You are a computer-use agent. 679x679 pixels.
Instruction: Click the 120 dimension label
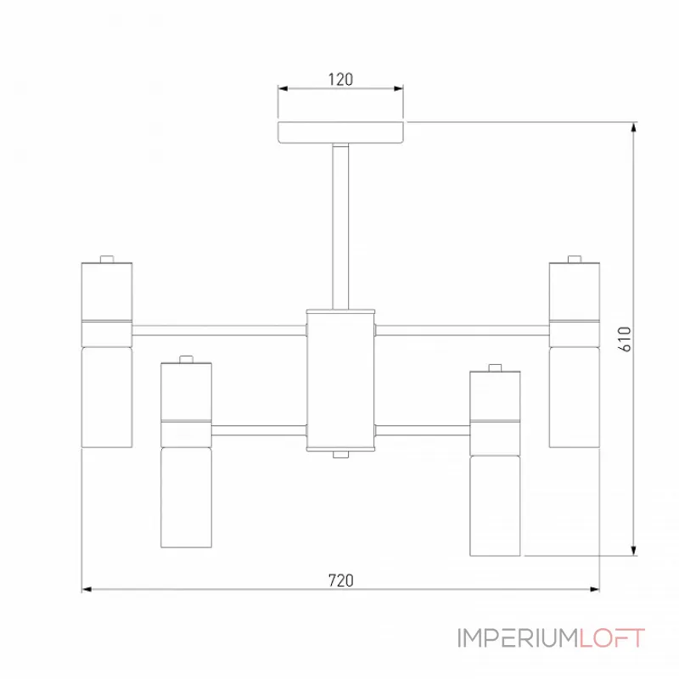pyautogui.click(x=340, y=80)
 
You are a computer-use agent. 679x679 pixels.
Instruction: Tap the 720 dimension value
pyautogui.click(x=341, y=581)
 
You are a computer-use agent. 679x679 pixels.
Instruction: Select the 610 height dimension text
pyautogui.click(x=626, y=339)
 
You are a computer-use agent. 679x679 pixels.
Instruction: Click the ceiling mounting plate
pyautogui.click(x=341, y=132)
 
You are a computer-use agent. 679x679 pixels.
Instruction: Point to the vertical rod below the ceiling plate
pyautogui.click(x=340, y=227)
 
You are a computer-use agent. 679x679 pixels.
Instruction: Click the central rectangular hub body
pyautogui.click(x=340, y=380)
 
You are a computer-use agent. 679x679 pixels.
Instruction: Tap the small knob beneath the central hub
pyautogui.click(x=341, y=455)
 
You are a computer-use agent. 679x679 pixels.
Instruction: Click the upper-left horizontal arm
pyautogui.click(x=219, y=330)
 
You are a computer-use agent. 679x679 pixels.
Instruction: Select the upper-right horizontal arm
pyautogui.click(x=463, y=330)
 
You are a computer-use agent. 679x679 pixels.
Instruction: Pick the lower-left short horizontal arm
pyautogui.click(x=259, y=430)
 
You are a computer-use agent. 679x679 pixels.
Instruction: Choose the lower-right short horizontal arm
pyautogui.click(x=423, y=430)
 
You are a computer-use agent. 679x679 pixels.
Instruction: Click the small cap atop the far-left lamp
pyautogui.click(x=107, y=259)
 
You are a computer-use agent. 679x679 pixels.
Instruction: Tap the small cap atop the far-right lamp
pyautogui.click(x=575, y=259)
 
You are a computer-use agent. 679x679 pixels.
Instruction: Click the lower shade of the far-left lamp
pyautogui.click(x=107, y=397)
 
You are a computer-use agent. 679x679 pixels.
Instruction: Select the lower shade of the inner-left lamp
pyautogui.click(x=186, y=497)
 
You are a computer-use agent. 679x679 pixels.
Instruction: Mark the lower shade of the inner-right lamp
pyautogui.click(x=495, y=506)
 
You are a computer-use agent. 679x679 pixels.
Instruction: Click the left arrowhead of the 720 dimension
pyautogui.click(x=87, y=589)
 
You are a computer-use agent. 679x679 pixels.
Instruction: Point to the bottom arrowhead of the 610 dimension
pyautogui.click(x=634, y=550)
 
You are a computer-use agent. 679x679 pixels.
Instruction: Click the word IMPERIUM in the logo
pyautogui.click(x=519, y=638)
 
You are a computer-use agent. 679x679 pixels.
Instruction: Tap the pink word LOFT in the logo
pyautogui.click(x=612, y=638)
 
